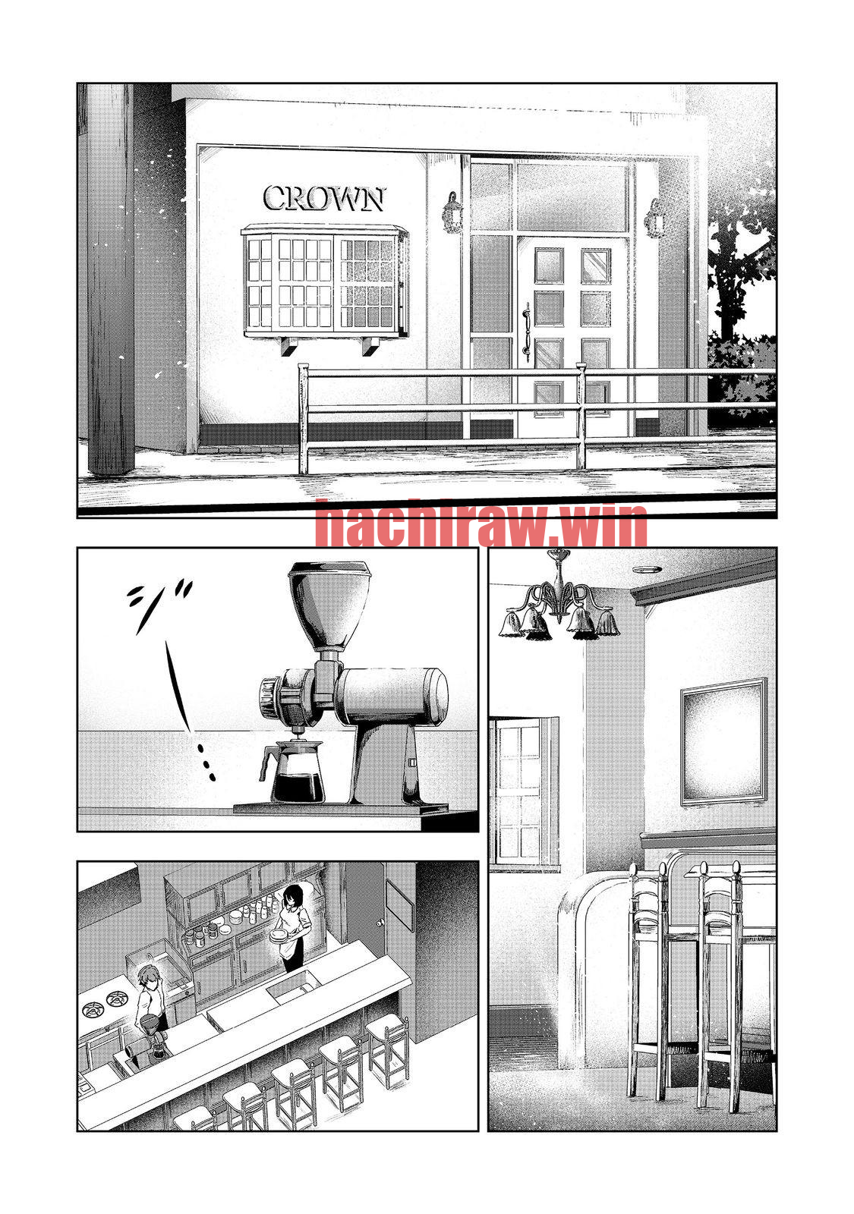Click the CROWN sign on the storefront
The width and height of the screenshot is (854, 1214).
[323, 198]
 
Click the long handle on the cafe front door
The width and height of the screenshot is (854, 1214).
[525, 331]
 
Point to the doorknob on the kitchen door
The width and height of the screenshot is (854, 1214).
[381, 923]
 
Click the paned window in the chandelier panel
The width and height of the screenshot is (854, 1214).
[517, 793]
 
